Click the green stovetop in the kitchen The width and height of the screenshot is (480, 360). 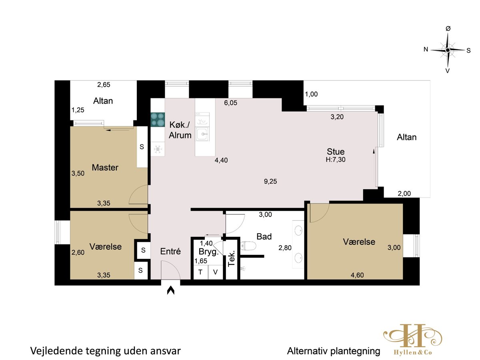158,120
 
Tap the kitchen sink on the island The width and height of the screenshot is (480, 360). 202,134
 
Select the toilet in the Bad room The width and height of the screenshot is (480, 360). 248,246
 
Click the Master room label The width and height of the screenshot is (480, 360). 105,168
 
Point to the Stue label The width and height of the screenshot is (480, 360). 336,152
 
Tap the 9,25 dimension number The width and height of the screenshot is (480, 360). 270,181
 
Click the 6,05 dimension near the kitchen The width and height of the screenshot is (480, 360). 230,103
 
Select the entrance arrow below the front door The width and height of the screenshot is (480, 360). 170,290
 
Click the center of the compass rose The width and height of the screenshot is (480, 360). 448,50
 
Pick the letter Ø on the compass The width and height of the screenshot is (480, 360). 448,28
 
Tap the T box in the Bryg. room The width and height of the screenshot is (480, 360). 200,272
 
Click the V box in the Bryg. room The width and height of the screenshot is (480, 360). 215,272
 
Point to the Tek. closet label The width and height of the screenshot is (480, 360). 231,258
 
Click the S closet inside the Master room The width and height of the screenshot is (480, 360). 142,147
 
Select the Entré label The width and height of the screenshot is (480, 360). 170,251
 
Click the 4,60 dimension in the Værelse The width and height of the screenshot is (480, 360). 357,275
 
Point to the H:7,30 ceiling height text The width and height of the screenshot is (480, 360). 336,160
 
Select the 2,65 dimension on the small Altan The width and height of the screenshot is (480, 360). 104,84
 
